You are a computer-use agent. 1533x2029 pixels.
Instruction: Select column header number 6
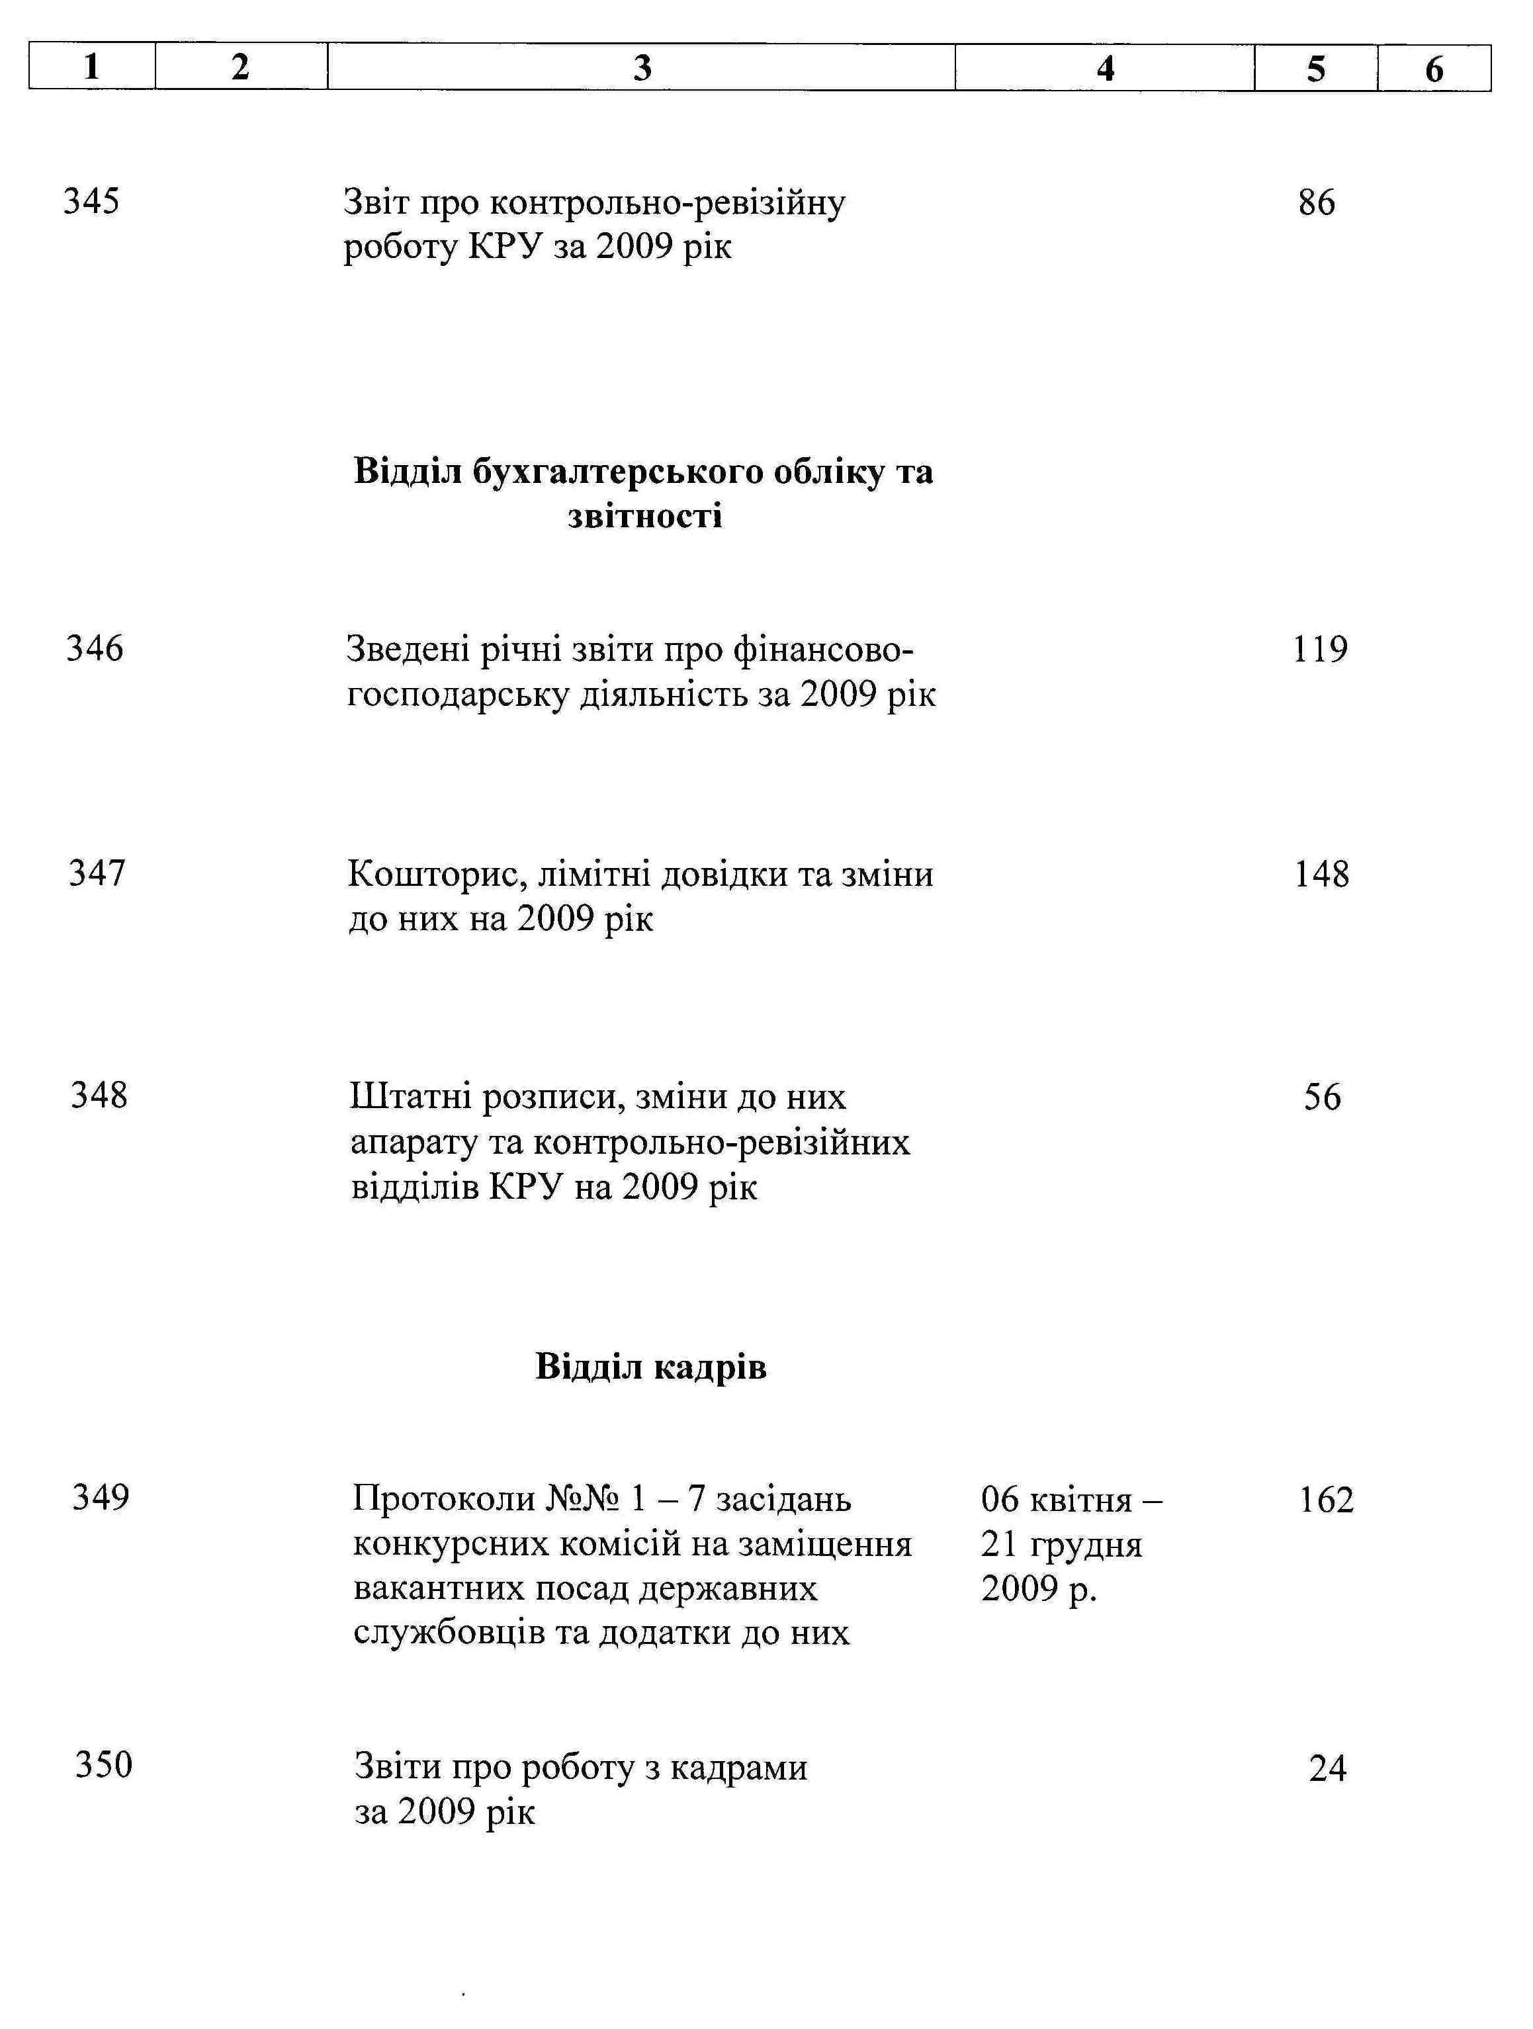1433,69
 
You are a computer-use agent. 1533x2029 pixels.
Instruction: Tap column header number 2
240,67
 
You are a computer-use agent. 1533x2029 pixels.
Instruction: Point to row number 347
97,873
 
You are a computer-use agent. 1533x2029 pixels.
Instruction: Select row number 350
104,1764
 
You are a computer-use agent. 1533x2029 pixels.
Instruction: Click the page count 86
1317,202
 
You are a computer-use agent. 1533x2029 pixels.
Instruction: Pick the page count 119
1320,650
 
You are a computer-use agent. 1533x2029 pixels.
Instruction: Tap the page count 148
1322,874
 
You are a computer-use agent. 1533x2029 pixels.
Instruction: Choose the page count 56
1322,1097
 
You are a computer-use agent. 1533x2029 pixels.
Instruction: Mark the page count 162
1327,1500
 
